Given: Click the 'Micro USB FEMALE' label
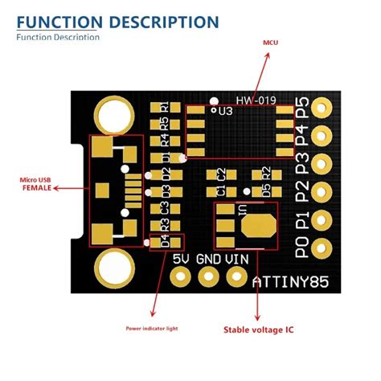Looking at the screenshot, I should [36, 183].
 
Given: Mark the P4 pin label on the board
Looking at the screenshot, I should [302, 135].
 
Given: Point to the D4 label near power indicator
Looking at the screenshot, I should [165, 240].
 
